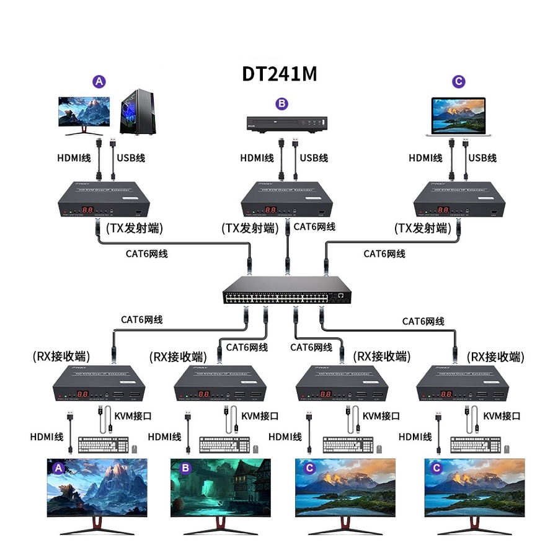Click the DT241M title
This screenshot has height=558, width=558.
coord(279,74)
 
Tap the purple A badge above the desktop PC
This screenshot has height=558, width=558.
coord(99,81)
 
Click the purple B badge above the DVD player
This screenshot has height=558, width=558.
coord(281,104)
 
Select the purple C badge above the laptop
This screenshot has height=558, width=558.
coord(458,81)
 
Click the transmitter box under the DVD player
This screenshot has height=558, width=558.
coord(286,200)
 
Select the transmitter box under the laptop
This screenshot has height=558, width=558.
coord(459,200)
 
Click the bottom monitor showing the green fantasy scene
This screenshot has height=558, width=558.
coord(221,490)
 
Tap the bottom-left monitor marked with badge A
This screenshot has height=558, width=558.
coord(97,490)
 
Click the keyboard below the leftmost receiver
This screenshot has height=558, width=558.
coord(103,445)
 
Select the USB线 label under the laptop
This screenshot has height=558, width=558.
coord(482,158)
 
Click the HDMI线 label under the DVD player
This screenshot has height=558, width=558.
coord(257,158)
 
